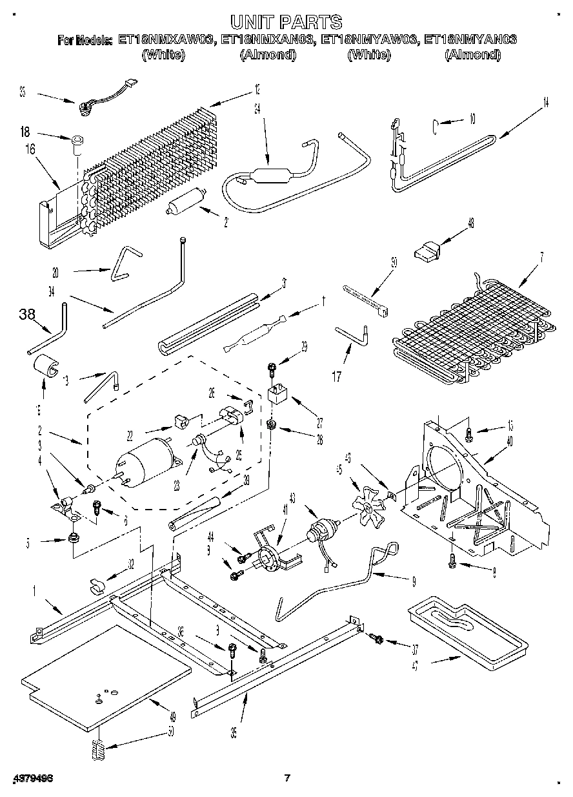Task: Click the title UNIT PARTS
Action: [x=286, y=23]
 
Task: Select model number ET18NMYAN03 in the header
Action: [x=468, y=40]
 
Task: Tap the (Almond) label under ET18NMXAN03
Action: [x=268, y=55]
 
